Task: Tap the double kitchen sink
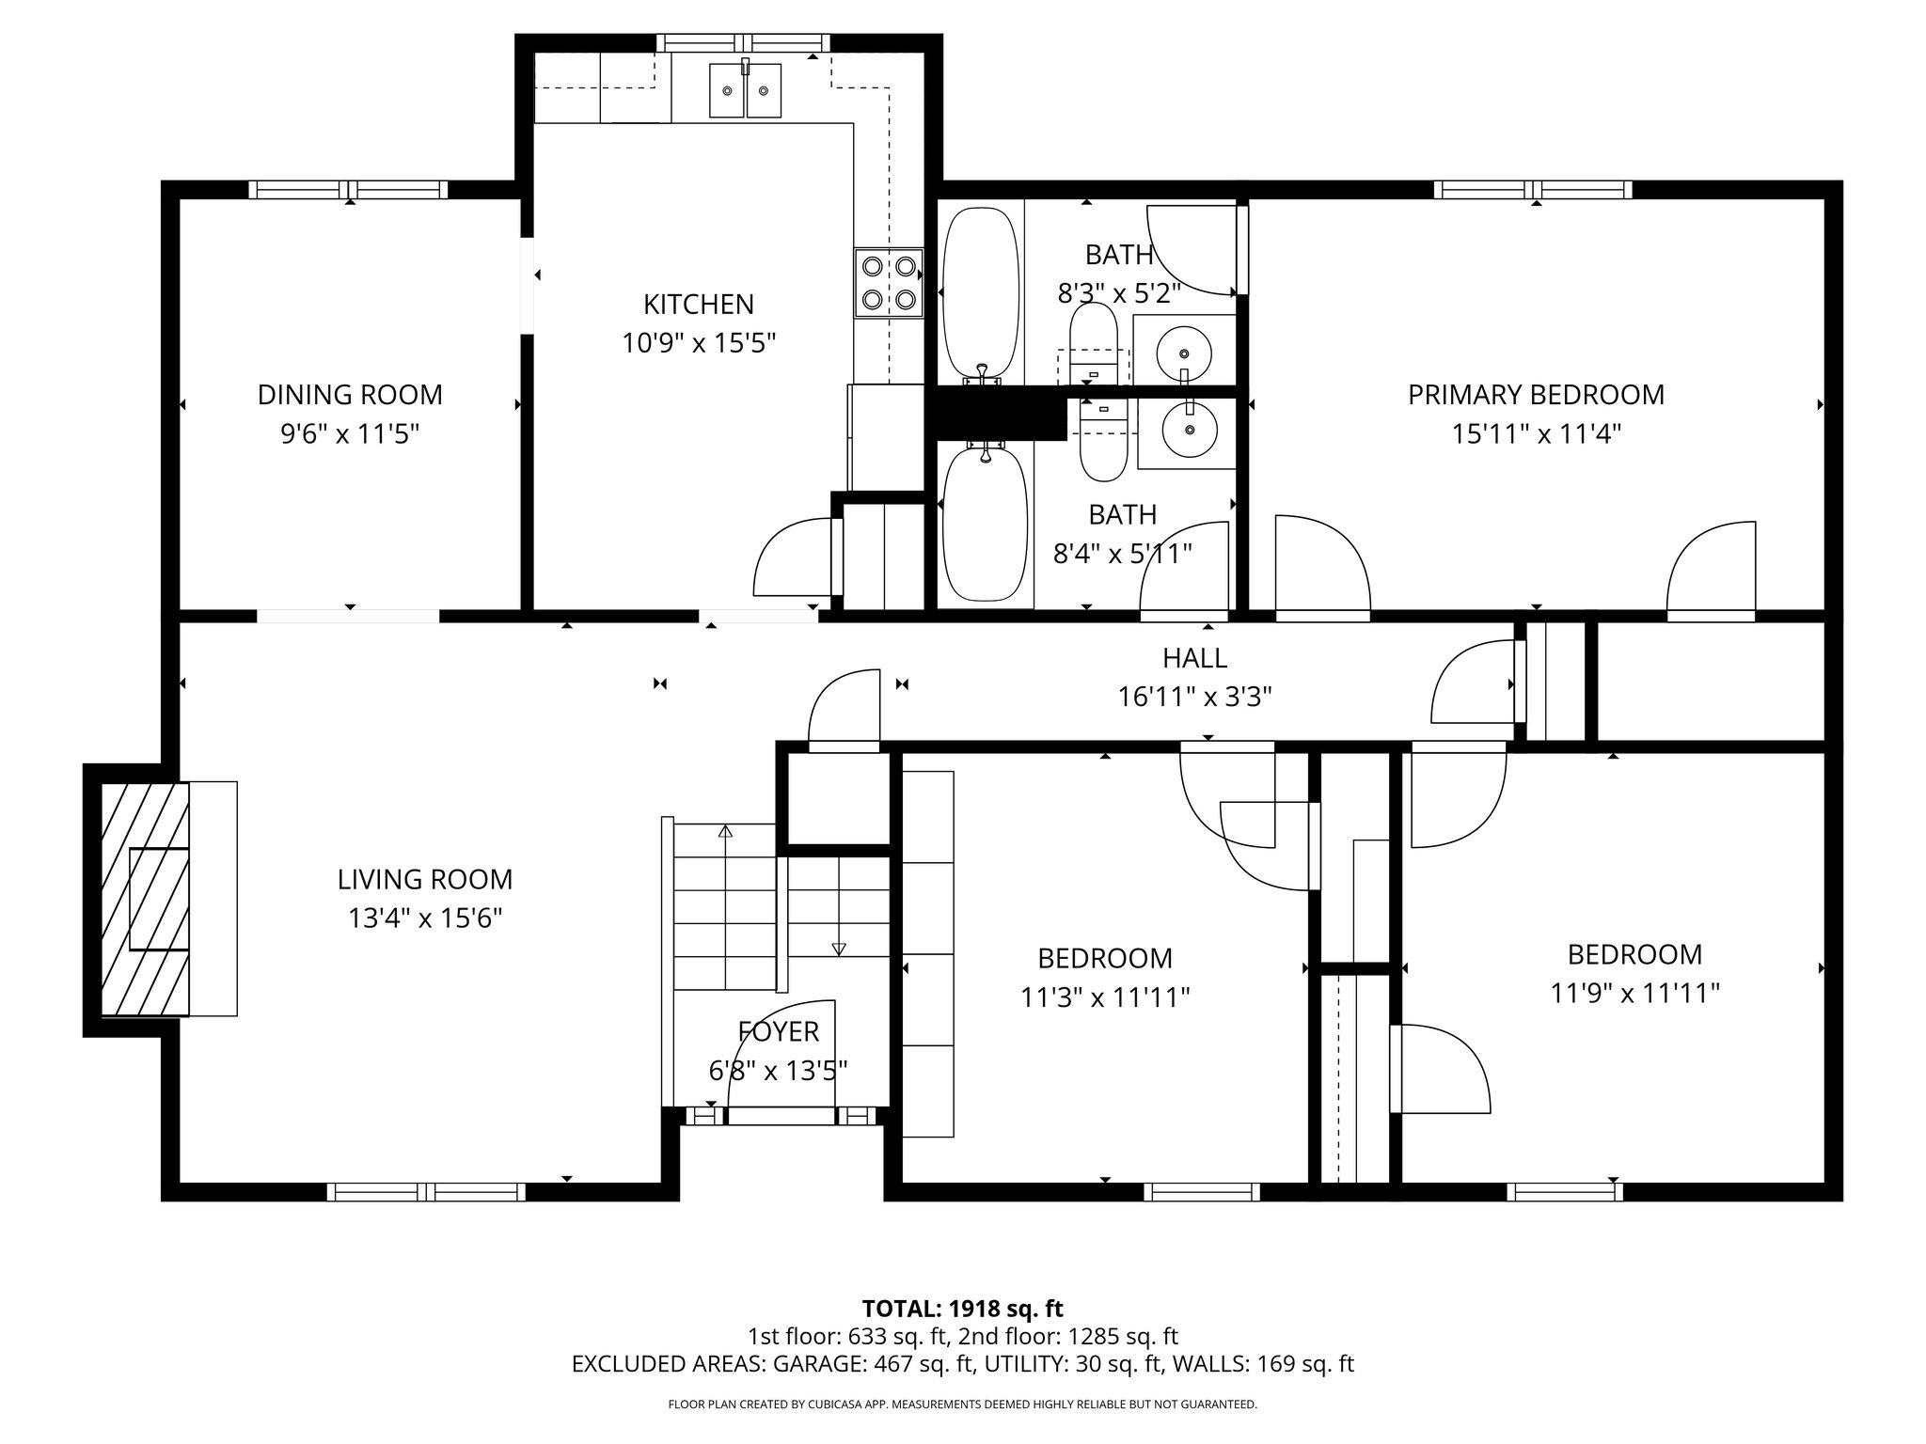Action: tap(745, 90)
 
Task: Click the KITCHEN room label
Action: tap(698, 305)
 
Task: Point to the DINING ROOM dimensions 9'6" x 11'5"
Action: tap(350, 434)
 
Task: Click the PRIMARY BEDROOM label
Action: tap(1536, 395)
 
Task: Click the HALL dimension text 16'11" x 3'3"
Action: tap(1194, 697)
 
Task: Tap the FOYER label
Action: tap(779, 1031)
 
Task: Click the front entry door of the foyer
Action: tap(781, 1116)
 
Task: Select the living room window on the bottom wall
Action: tap(426, 1191)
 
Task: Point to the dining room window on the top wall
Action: tap(349, 190)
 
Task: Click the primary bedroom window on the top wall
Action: tap(1533, 190)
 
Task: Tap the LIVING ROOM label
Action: tap(425, 880)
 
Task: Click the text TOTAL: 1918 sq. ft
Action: tap(962, 1308)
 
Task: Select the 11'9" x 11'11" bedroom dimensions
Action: tap(1634, 994)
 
